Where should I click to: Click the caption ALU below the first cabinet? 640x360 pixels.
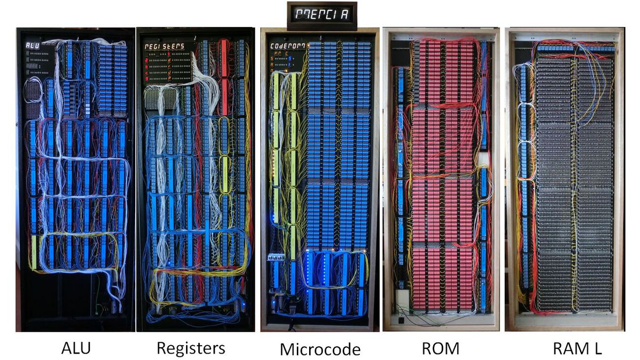pyautogui.click(x=76, y=348)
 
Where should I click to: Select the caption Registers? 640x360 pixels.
pyautogui.click(x=191, y=348)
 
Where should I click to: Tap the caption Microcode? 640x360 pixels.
pyautogui.click(x=320, y=349)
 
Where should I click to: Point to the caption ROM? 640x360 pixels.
pyautogui.click(x=440, y=348)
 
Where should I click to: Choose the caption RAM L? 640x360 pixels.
pyautogui.click(x=577, y=348)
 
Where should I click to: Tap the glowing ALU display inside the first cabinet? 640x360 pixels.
pyautogui.click(x=33, y=46)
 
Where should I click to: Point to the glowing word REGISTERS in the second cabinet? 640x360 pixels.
pyautogui.click(x=164, y=46)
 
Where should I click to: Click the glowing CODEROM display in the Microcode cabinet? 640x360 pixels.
pyautogui.click(x=288, y=46)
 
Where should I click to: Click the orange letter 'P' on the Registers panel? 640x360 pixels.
pyautogui.click(x=183, y=77)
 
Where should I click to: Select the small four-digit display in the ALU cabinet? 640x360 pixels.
pyautogui.click(x=32, y=65)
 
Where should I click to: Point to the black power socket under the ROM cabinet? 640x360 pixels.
pyautogui.click(x=405, y=319)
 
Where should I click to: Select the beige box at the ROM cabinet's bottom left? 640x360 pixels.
pyautogui.click(x=403, y=298)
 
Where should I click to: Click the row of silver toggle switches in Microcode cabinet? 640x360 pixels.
pyautogui.click(x=274, y=257)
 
